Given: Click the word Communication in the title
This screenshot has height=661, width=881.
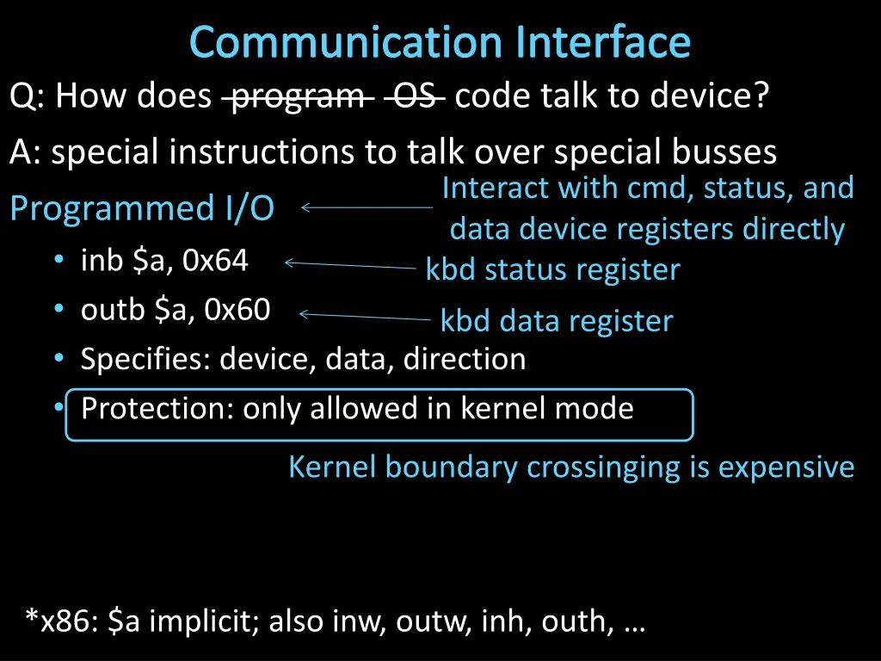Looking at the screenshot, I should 345,41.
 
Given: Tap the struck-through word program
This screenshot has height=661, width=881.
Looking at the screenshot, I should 298,96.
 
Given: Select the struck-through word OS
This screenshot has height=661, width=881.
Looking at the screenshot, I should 414,96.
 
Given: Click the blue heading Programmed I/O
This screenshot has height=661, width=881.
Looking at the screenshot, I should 142,208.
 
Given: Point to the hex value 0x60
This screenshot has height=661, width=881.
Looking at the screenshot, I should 237,309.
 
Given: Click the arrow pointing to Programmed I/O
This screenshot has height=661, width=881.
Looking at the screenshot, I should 367,207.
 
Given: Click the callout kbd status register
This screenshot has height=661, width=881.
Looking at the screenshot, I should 552,270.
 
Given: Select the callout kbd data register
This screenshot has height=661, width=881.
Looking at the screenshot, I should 556,321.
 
